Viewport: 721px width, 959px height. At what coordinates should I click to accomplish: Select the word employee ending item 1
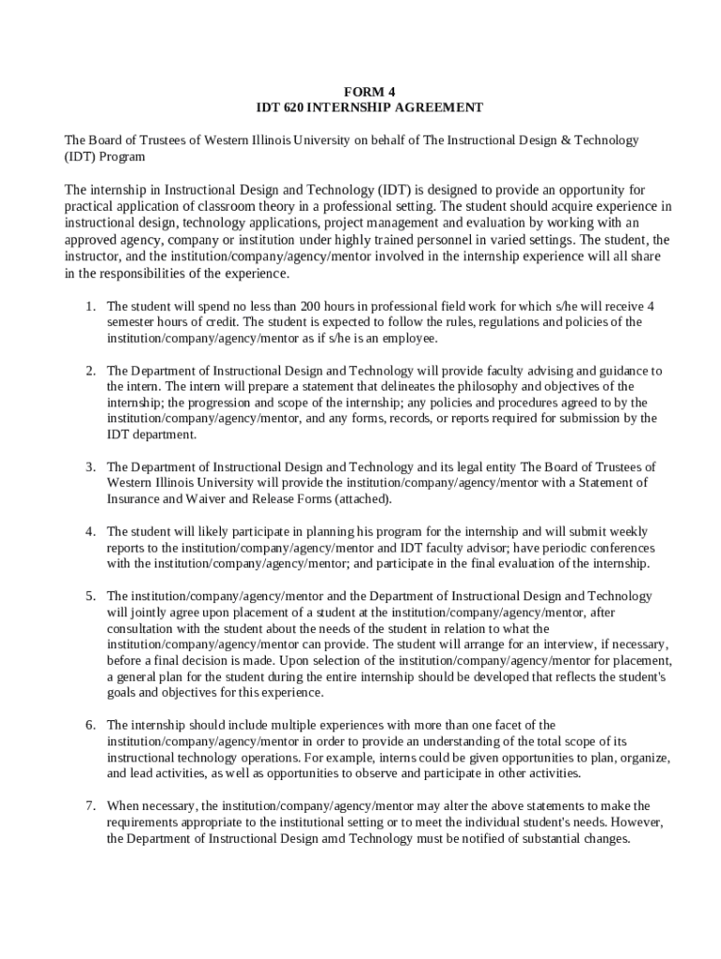point(410,338)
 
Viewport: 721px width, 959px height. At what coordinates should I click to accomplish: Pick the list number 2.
point(90,371)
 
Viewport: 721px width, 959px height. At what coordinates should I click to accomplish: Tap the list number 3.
point(90,467)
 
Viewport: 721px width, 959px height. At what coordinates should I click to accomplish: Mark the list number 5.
point(90,596)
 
